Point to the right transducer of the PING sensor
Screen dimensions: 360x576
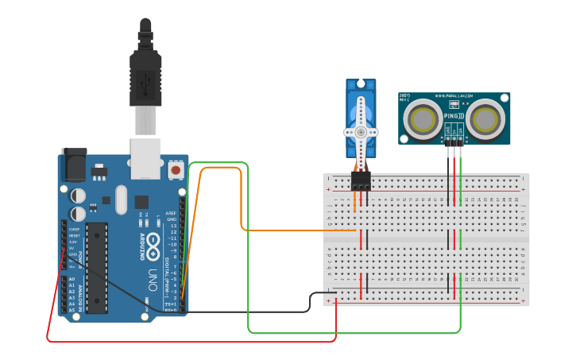(484, 120)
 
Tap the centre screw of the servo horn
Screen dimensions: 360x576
(361, 132)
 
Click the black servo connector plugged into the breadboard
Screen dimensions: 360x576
(361, 182)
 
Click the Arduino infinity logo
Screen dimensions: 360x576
(152, 243)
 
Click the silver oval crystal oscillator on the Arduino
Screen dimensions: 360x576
(121, 200)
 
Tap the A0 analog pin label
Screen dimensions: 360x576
(72, 279)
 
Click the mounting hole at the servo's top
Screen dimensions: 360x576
(361, 84)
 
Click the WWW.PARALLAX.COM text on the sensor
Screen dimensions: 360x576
(454, 96)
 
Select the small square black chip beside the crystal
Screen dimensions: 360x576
(141, 202)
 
